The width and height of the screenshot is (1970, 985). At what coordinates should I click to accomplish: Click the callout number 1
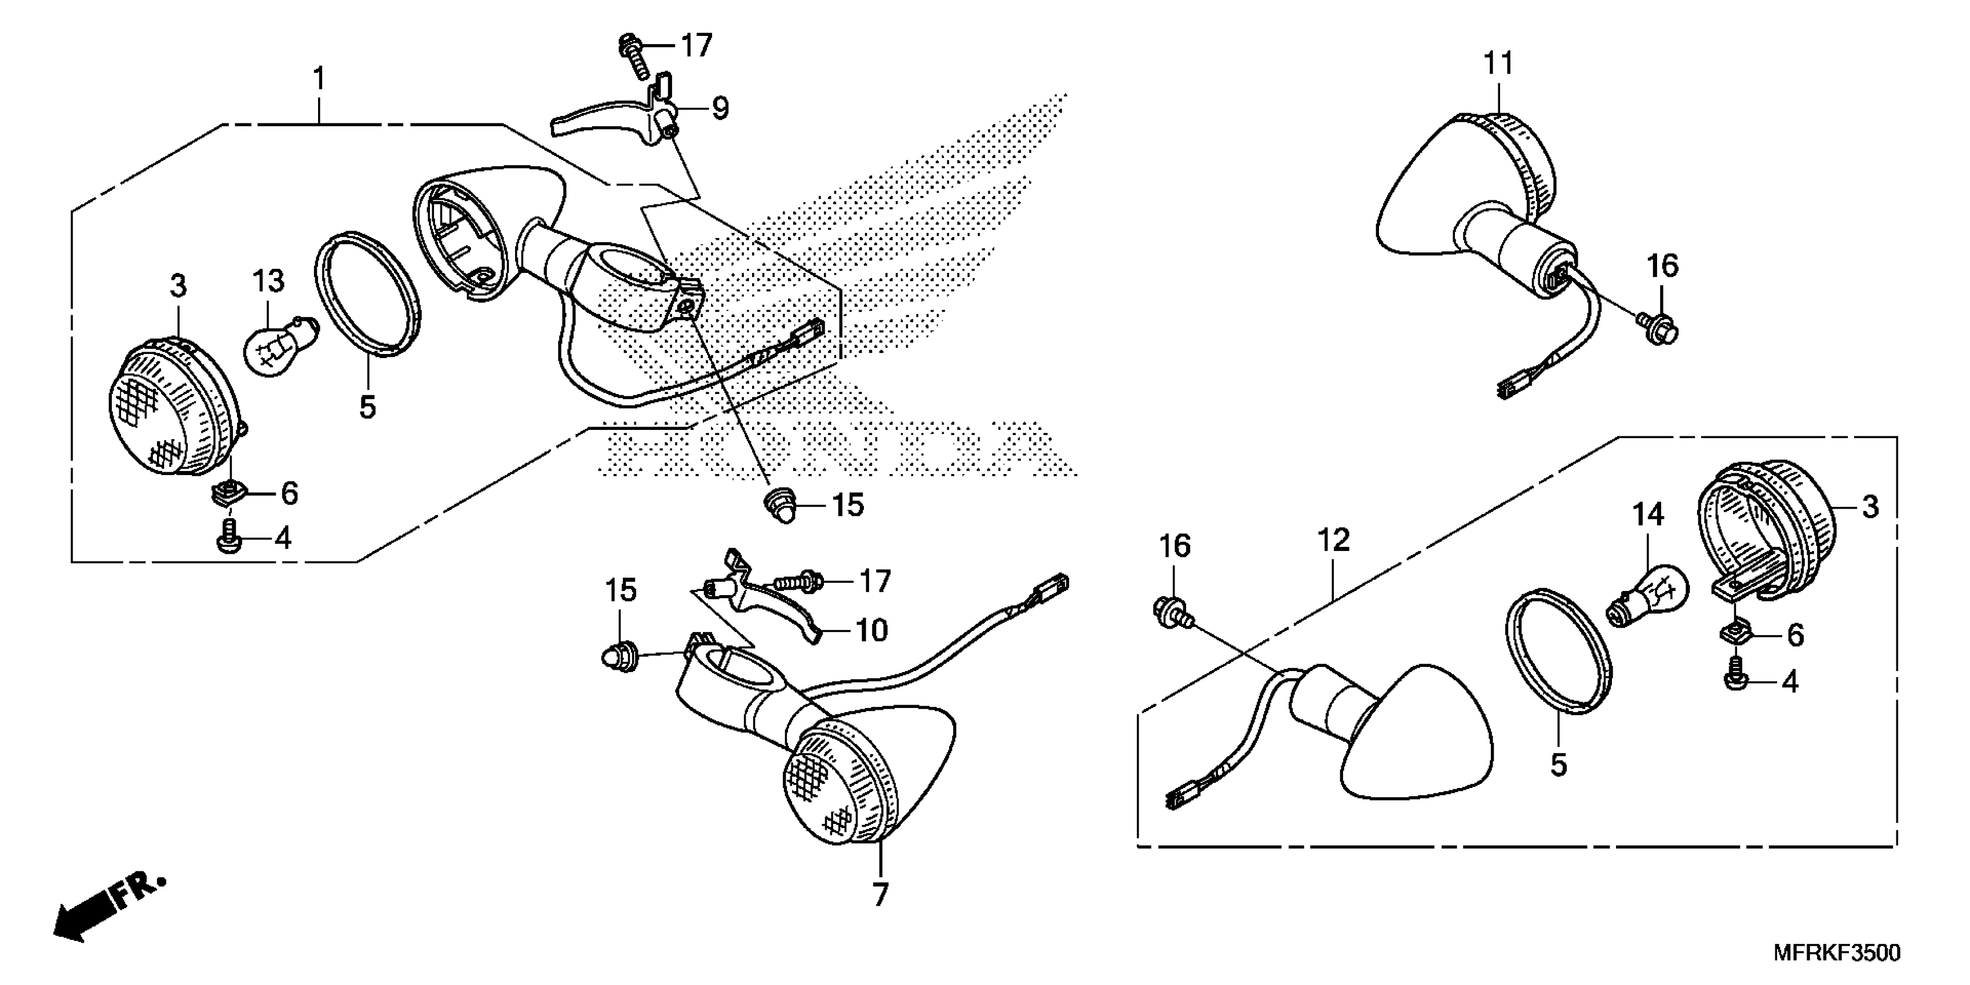coord(319,79)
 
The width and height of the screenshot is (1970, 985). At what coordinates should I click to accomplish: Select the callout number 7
coord(880,895)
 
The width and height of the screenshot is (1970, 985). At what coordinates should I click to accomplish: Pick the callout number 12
coord(1334,541)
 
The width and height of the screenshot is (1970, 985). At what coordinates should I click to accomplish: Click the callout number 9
coord(720,108)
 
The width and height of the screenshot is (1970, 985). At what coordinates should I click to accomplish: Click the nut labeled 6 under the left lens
coord(227,493)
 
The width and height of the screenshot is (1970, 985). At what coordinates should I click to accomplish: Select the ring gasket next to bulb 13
coord(368,294)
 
